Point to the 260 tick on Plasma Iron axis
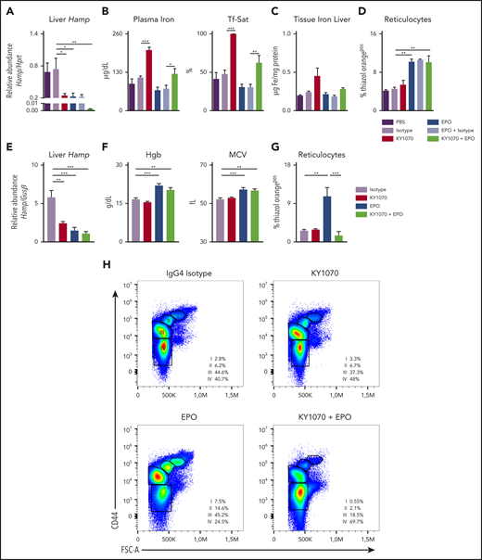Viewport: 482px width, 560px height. click(x=117, y=33)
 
